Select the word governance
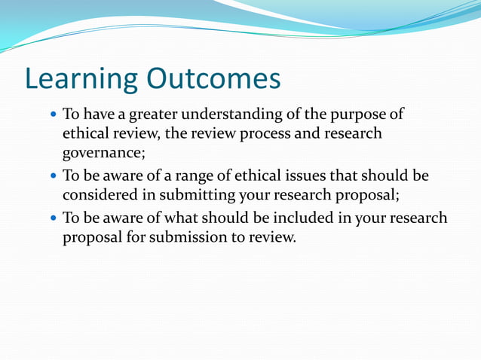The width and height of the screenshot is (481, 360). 103,153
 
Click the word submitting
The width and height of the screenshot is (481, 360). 190,194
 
